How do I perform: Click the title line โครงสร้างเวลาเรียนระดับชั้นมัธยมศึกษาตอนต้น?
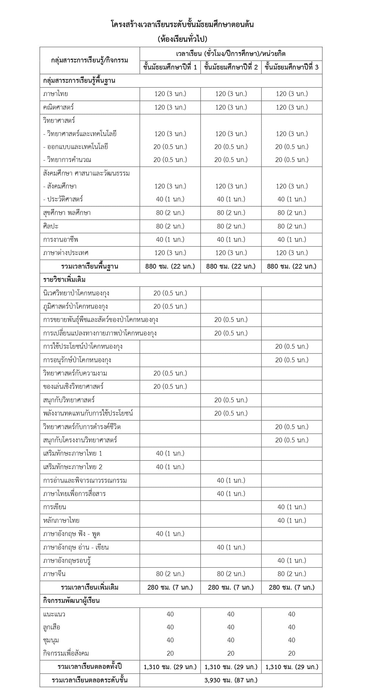click(x=182, y=24)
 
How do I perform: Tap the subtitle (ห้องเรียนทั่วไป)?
click(x=182, y=39)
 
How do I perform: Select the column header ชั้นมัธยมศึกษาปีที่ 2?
click(x=231, y=67)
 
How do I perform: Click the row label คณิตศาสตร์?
click(x=59, y=107)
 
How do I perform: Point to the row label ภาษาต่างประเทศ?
click(x=66, y=253)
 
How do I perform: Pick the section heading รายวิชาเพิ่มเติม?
click(x=64, y=279)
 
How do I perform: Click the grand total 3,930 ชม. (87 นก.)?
click(x=231, y=680)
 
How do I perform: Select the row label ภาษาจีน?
click(x=54, y=574)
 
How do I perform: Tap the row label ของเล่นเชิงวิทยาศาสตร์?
click(x=73, y=386)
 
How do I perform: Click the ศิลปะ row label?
click(x=51, y=226)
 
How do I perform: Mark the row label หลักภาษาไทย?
click(x=61, y=520)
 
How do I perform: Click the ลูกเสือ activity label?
click(x=52, y=627)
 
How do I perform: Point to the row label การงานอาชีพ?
click(x=61, y=239)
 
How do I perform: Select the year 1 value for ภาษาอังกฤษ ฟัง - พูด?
click(x=170, y=534)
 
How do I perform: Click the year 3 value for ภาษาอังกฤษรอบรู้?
click(x=292, y=560)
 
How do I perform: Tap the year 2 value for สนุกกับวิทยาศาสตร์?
click(x=231, y=400)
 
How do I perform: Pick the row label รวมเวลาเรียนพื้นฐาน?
click(x=90, y=266)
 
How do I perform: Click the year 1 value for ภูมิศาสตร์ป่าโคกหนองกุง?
click(x=170, y=306)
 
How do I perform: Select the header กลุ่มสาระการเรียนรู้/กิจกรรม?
click(x=90, y=60)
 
